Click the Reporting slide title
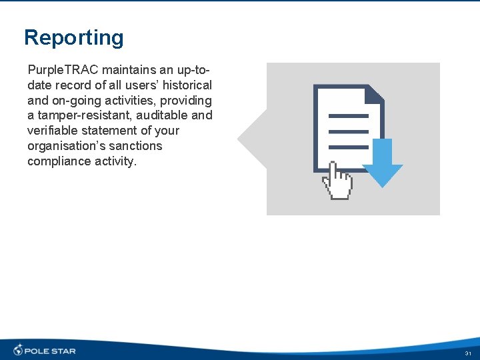coord(73,37)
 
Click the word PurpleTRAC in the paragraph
coord(63,70)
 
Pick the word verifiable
coord(51,131)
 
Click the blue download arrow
coord(382,163)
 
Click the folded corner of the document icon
coord(375,93)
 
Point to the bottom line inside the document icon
coord(349,147)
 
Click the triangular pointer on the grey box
coord(252,139)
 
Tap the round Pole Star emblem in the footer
coord(18,350)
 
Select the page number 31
coord(468,353)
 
